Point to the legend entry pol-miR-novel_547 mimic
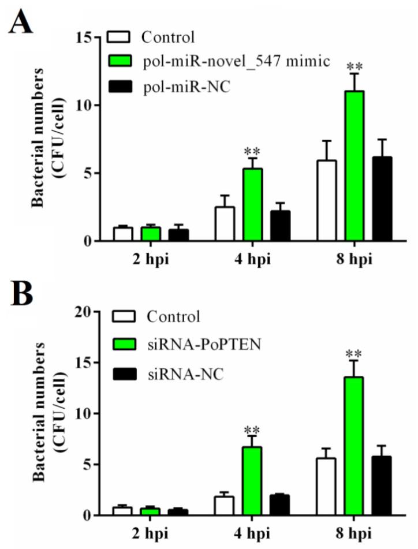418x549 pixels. tap(237, 61)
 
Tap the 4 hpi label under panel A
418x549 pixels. tap(253, 259)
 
